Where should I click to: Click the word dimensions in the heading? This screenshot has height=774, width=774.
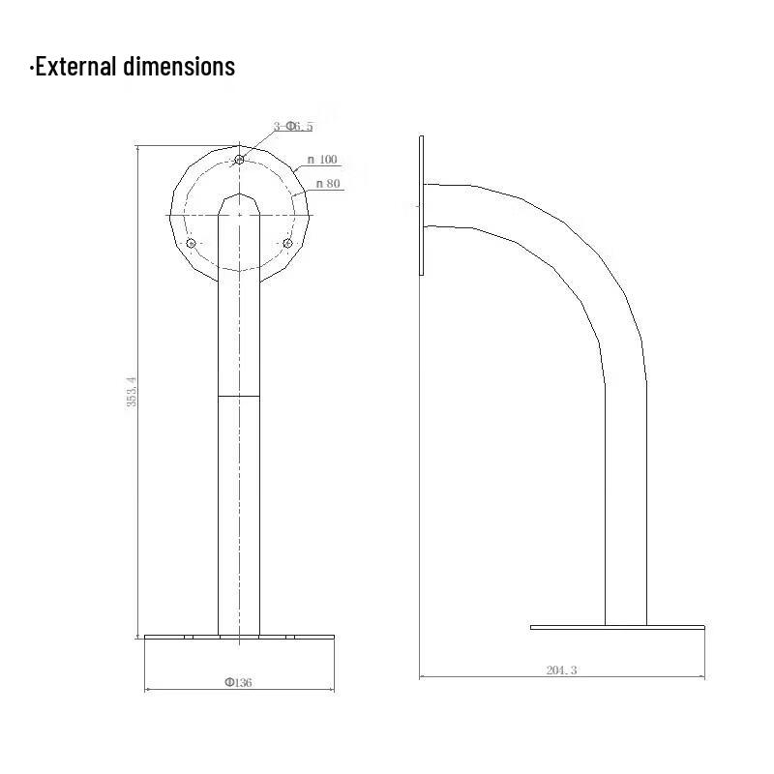click(179, 66)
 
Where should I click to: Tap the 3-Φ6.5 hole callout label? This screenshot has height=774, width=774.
click(293, 127)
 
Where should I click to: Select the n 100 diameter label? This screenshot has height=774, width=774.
click(322, 160)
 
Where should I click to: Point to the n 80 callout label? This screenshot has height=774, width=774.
click(326, 183)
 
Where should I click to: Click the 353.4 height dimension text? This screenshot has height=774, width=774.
click(133, 392)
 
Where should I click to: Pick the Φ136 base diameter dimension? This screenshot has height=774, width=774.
click(238, 682)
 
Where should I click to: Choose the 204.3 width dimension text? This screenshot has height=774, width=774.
click(561, 670)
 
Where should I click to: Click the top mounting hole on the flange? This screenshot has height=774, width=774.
click(239, 159)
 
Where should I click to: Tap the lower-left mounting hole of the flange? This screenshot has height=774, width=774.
click(191, 242)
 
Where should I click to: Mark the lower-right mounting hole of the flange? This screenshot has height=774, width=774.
click(286, 242)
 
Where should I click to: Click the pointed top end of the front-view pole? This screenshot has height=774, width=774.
click(238, 197)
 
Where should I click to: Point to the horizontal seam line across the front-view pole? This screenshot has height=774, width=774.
click(238, 396)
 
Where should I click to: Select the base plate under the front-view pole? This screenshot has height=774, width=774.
click(238, 638)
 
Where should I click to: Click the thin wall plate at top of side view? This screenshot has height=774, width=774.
click(422, 205)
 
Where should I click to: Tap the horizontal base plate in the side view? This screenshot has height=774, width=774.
click(617, 627)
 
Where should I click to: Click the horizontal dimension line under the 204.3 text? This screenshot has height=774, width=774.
click(561, 678)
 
